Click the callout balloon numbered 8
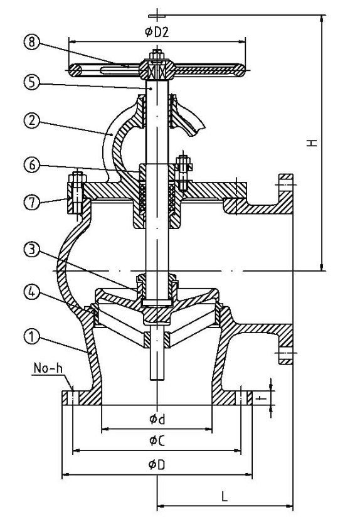(x=31, y=42)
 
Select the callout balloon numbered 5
(x=31, y=82)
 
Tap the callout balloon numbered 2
(x=31, y=120)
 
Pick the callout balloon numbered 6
(x=31, y=164)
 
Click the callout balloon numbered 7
(x=31, y=202)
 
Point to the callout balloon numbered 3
(x=31, y=250)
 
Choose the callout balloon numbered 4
(x=31, y=292)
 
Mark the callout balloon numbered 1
(x=31, y=337)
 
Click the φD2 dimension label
(x=157, y=32)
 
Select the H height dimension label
(x=312, y=143)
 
